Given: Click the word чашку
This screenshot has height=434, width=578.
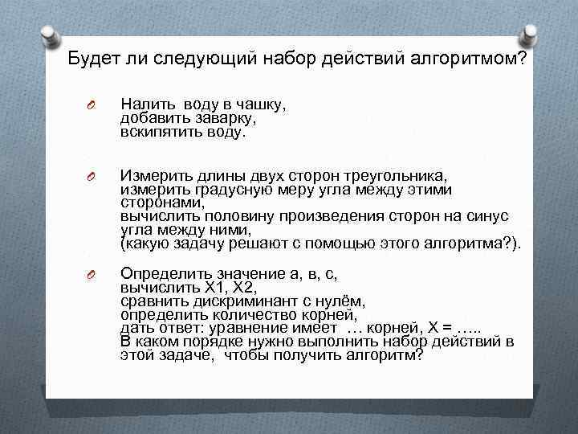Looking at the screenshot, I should pos(262,104).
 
